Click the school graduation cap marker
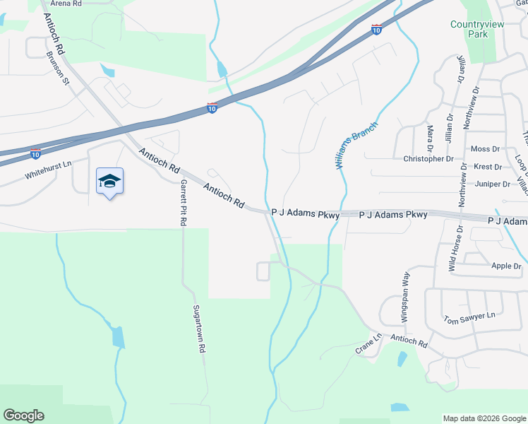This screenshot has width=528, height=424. tap(109, 182)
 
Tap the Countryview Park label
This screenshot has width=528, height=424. tap(469, 29)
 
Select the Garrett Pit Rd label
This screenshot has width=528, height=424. tap(183, 202)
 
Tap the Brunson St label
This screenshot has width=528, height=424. tap(57, 68)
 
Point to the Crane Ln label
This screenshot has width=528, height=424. tap(368, 344)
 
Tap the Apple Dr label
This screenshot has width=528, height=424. tap(505, 266)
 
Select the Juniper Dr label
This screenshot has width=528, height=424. tap(493, 184)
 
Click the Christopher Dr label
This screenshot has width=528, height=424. tap(428, 159)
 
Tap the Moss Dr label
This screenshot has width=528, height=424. tap(484, 149)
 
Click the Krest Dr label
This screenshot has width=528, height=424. tap(488, 167)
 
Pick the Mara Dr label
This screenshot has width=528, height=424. tap(430, 132)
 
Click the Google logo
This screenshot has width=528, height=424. tap(23, 416)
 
